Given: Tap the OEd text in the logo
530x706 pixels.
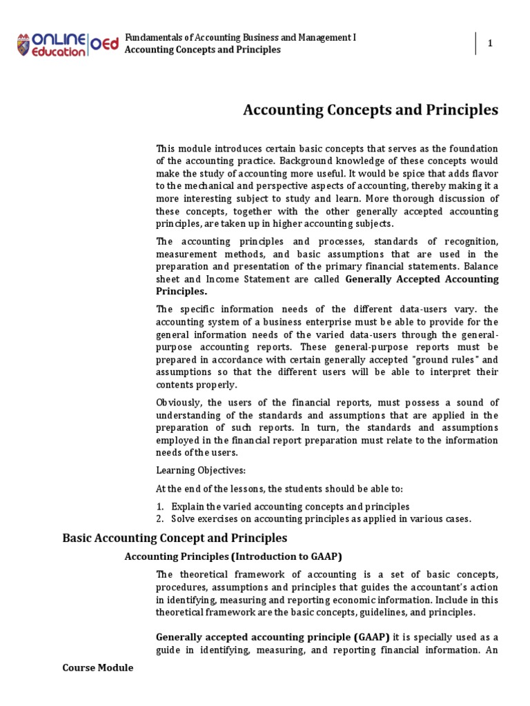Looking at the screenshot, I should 104,43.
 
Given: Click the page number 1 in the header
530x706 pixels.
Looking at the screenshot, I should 490,43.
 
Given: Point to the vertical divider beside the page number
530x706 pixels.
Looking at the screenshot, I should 475,43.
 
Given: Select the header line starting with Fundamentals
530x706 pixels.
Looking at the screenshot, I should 240,37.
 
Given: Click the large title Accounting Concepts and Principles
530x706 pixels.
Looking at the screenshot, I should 371,110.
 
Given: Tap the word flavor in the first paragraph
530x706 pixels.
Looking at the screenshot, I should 481,174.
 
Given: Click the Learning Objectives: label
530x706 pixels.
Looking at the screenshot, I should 190,470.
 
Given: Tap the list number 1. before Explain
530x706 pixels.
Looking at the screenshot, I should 160,506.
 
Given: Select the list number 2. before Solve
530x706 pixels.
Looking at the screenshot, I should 160,518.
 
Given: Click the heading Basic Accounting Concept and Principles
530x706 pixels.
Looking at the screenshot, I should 175,538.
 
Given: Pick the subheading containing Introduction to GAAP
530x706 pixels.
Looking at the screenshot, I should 233,556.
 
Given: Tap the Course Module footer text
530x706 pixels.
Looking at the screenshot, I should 97,667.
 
